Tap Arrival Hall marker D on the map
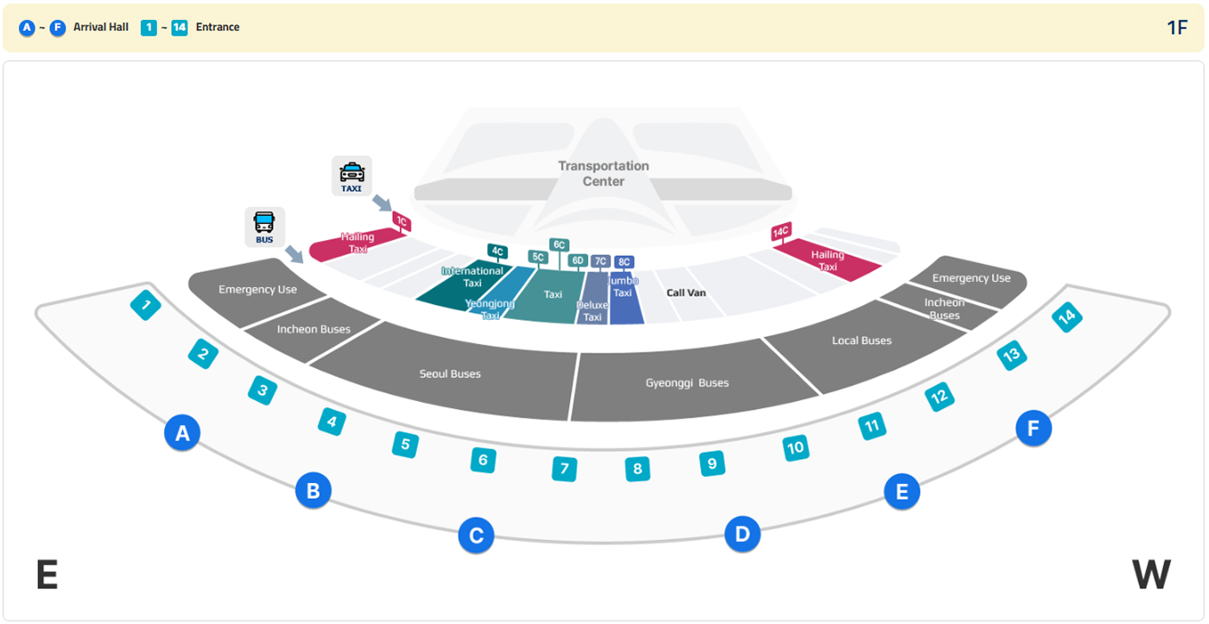click(x=742, y=535)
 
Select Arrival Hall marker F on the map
click(x=1033, y=428)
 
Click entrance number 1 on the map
click(x=146, y=304)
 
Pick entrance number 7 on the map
click(x=564, y=469)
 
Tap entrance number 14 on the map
click(x=1067, y=317)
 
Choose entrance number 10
click(x=795, y=448)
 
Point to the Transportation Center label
click(x=604, y=173)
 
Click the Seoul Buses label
click(x=450, y=374)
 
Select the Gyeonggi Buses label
click(x=687, y=383)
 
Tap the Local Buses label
click(x=861, y=341)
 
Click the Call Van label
click(x=686, y=293)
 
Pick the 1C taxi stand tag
click(x=401, y=221)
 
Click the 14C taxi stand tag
click(x=781, y=232)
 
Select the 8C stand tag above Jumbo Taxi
click(x=624, y=262)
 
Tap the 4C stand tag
click(x=497, y=252)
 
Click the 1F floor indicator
click(x=1177, y=27)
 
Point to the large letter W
click(x=1150, y=575)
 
